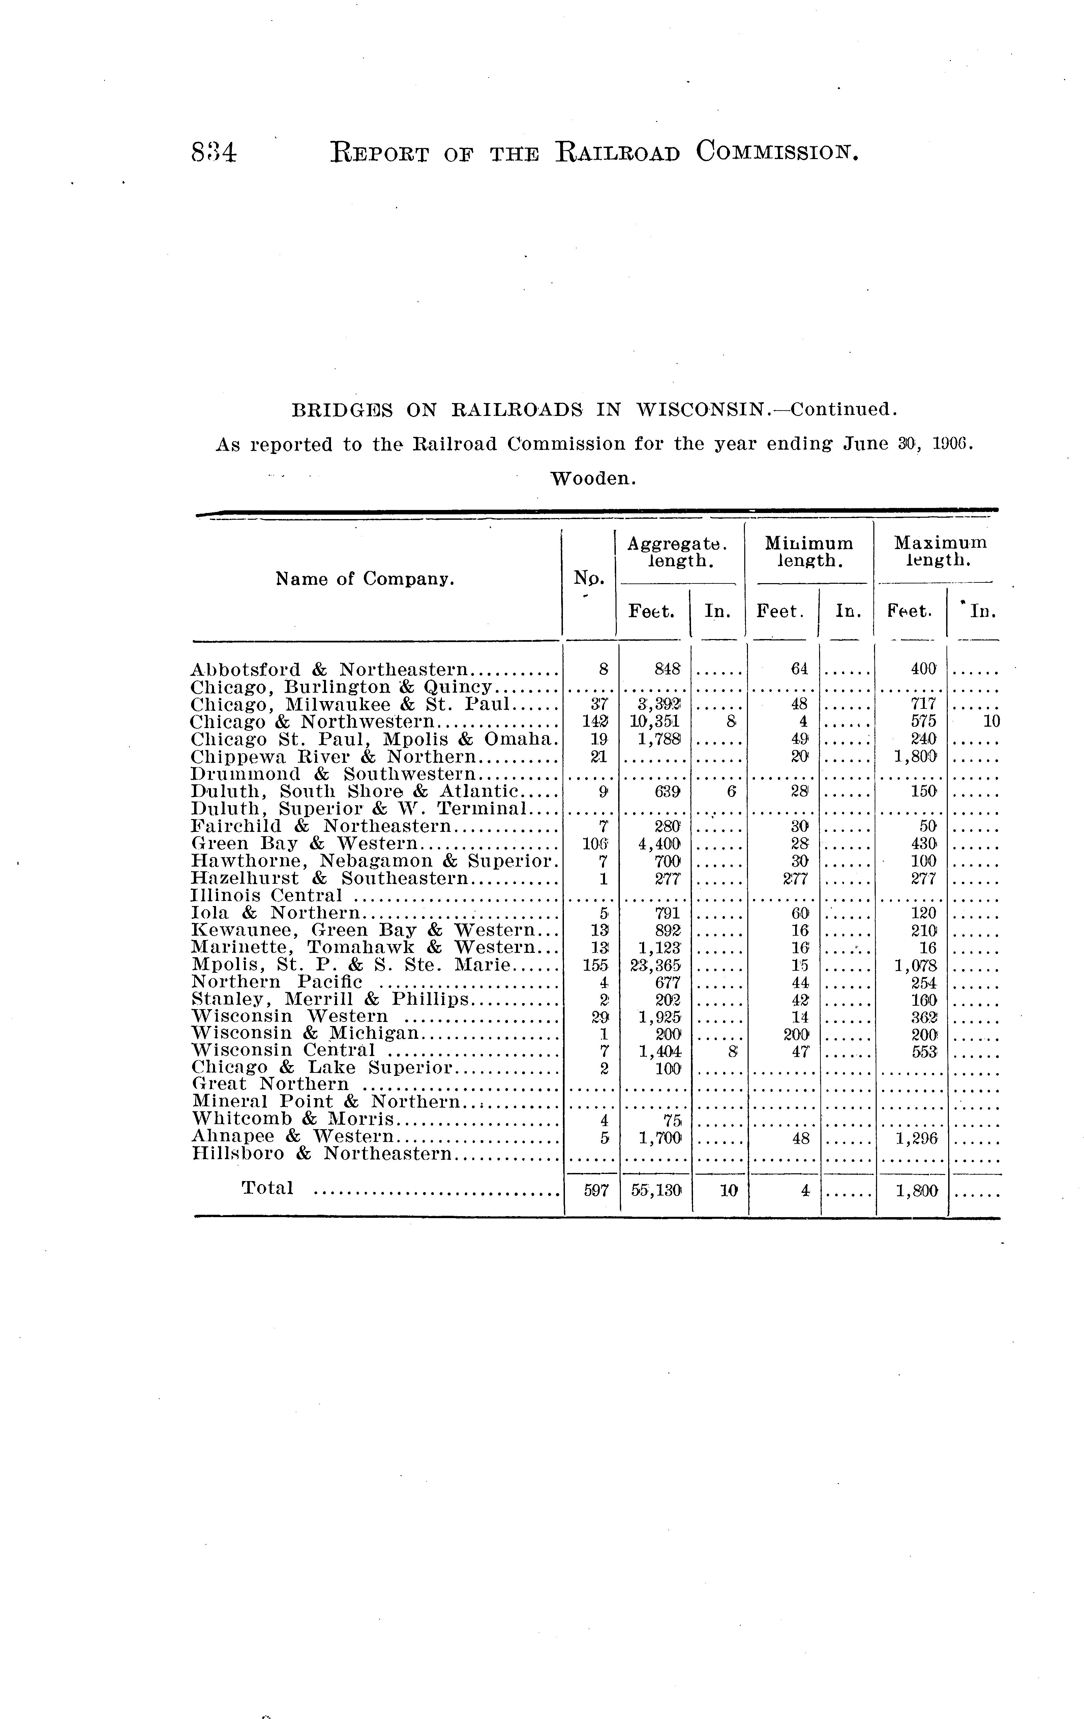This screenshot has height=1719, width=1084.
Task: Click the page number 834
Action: point(213,153)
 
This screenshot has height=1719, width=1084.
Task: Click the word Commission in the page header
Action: point(776,152)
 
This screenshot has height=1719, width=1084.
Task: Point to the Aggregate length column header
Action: point(676,552)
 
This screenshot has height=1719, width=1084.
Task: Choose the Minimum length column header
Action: point(809,552)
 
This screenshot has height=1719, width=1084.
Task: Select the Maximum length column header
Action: point(940,552)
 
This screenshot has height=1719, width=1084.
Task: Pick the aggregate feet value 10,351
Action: point(655,722)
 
